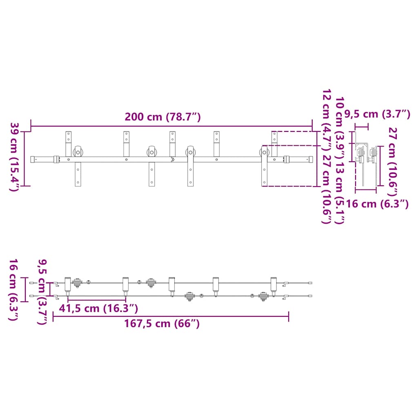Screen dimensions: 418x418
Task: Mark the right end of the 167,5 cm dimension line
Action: click(x=289, y=316)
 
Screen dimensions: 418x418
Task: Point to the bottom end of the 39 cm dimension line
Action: click(x=24, y=186)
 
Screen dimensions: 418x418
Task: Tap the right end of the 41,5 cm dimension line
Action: click(x=126, y=300)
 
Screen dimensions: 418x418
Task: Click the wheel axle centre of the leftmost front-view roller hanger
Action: click(x=78, y=153)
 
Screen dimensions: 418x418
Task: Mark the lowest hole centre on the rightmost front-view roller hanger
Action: click(x=265, y=182)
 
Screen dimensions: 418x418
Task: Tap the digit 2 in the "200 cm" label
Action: click(x=128, y=117)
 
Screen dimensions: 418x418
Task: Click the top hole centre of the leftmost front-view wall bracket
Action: click(x=69, y=133)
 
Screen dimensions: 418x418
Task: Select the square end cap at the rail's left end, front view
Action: click(x=33, y=160)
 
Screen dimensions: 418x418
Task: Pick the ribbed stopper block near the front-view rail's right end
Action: click(x=286, y=160)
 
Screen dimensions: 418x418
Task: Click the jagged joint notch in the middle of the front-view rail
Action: click(x=173, y=160)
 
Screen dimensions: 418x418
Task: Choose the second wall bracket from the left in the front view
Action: click(x=127, y=144)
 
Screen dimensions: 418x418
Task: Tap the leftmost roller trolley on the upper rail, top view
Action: click(x=77, y=283)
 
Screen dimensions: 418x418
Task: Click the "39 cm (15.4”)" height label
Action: click(x=14, y=157)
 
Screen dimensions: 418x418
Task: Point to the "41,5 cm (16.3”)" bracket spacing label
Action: click(x=98, y=309)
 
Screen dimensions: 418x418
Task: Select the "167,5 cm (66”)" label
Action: click(x=162, y=324)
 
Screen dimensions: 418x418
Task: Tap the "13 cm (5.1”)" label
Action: click(x=339, y=193)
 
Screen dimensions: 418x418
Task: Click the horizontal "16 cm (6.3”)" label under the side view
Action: click(x=377, y=204)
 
